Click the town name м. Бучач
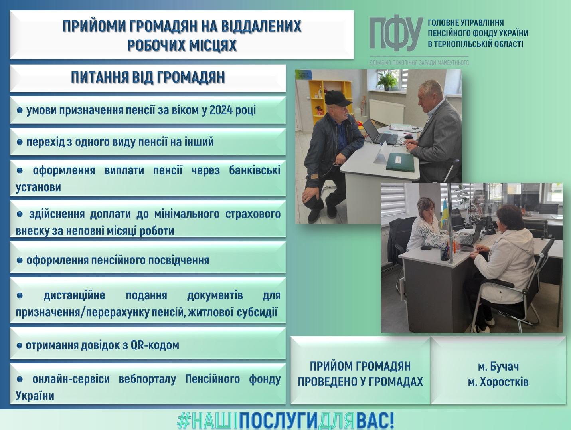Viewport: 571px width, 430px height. pos(498,367)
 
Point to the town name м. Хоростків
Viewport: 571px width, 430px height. pos(498,382)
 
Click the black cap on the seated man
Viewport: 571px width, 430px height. pos(338,98)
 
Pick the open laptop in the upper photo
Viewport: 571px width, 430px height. pos(379,133)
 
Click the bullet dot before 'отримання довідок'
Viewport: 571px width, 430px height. pos(19,346)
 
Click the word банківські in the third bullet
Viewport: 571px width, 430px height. pos(255,170)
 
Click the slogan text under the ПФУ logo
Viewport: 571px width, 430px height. pos(419,63)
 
